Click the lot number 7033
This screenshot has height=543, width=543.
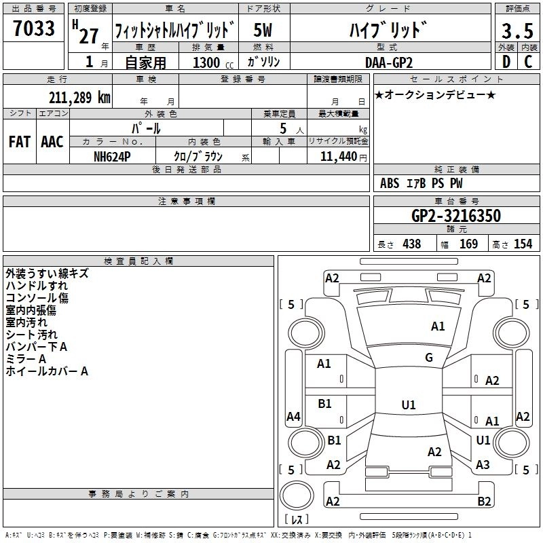[34, 30]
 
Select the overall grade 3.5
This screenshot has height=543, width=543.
[517, 31]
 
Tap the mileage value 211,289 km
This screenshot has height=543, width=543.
[79, 98]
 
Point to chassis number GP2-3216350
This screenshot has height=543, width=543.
[456, 217]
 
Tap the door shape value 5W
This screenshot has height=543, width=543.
[263, 31]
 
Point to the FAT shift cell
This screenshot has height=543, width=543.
[19, 142]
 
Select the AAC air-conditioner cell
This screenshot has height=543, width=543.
[52, 142]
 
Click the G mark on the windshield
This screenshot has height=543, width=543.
[429, 358]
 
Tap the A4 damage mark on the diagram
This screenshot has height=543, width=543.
[293, 417]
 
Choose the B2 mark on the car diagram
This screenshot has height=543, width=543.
[484, 502]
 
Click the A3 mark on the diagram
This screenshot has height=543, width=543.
[483, 464]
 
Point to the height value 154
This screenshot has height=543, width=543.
[523, 244]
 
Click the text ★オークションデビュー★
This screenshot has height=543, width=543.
[435, 94]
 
